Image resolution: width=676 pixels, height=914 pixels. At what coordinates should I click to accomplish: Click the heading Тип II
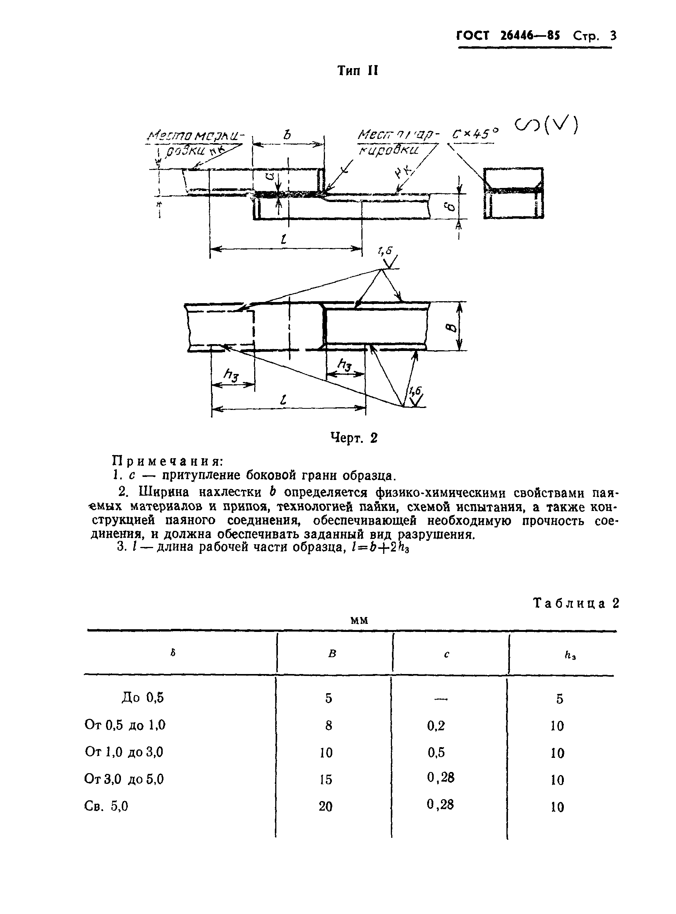click(357, 71)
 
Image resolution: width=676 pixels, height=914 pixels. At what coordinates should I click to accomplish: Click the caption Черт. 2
click(354, 438)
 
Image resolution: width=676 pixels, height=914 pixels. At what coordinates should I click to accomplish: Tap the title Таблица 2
click(576, 604)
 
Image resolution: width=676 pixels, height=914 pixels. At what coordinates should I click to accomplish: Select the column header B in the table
click(332, 654)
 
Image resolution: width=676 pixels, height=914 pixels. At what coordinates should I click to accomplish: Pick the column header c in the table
click(446, 654)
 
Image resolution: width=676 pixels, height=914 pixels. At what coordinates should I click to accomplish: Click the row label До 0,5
click(142, 697)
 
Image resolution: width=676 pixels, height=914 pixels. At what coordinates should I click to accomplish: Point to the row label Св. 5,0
click(106, 806)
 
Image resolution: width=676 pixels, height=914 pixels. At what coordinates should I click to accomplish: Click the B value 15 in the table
click(326, 779)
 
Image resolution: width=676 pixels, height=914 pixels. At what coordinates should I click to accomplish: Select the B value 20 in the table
click(326, 806)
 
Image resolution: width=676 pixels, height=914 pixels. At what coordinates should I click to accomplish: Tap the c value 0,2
click(436, 725)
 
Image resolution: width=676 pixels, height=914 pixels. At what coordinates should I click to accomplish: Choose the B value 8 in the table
click(328, 725)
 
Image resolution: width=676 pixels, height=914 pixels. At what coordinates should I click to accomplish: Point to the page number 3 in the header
click(612, 36)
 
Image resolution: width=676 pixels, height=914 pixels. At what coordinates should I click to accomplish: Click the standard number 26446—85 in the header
click(530, 36)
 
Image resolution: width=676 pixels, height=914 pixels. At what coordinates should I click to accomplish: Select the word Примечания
click(168, 461)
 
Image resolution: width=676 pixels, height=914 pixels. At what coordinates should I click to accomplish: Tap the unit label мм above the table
click(360, 620)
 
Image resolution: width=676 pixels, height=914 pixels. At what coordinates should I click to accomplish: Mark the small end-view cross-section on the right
click(514, 193)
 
